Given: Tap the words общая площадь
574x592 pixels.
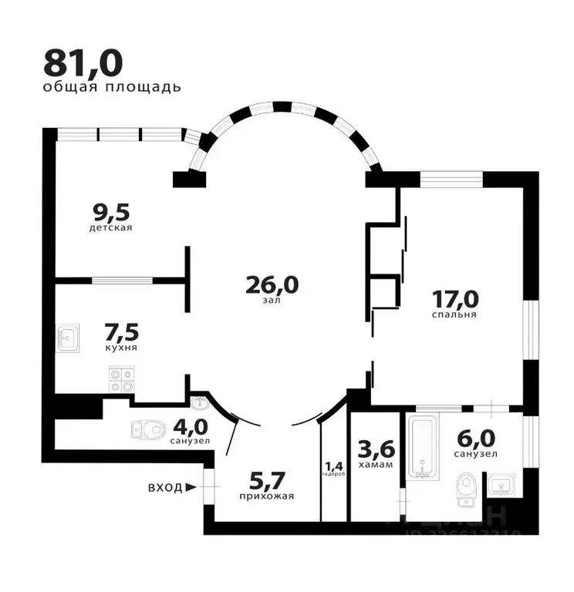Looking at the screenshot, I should (x=112, y=86).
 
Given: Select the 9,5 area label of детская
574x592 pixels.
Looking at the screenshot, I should (x=110, y=210).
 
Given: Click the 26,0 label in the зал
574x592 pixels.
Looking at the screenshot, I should (x=272, y=284).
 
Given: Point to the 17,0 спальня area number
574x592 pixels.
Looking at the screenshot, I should (x=454, y=297).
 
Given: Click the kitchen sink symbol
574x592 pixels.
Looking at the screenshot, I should (x=69, y=337).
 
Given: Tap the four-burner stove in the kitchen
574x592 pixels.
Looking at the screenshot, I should (x=122, y=378).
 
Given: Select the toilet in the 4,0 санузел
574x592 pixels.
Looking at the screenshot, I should (x=148, y=427).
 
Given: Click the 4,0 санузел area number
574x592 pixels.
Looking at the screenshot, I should (x=190, y=426).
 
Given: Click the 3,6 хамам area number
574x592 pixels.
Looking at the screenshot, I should (x=376, y=446).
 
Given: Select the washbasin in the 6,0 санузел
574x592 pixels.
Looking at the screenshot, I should (x=502, y=486).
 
